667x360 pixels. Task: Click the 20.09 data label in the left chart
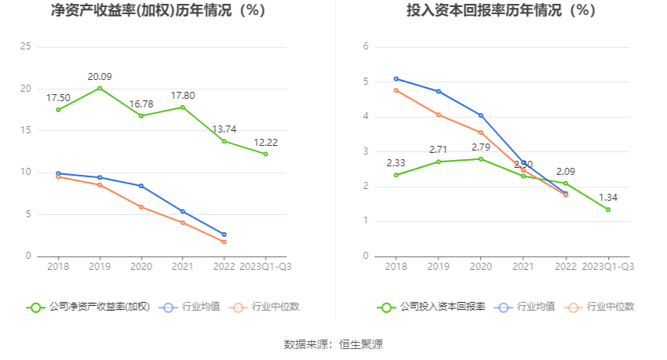click(x=100, y=76)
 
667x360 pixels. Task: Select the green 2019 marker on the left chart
click(x=100, y=88)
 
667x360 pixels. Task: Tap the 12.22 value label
click(x=265, y=142)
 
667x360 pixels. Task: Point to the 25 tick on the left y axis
click(x=25, y=47)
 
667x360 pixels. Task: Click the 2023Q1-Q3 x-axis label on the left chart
click(x=265, y=267)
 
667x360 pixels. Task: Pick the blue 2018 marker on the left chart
click(x=58, y=173)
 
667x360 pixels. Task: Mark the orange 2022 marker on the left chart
click(x=224, y=242)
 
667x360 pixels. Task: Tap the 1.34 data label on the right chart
click(x=608, y=198)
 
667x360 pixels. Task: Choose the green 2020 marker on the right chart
click(x=481, y=158)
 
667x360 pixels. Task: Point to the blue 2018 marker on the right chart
click(x=396, y=78)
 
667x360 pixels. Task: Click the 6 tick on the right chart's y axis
click(x=366, y=47)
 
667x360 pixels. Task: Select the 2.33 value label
click(x=396, y=163)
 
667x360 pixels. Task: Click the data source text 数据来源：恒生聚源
click(x=333, y=344)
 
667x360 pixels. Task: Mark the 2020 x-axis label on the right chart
click(x=481, y=267)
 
